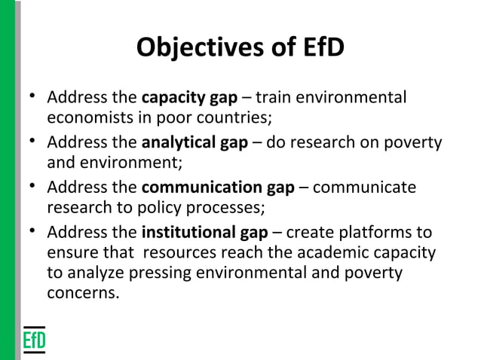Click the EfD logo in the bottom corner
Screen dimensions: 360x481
point(33,339)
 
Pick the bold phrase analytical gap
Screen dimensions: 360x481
point(195,142)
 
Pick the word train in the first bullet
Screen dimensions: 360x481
point(273,99)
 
